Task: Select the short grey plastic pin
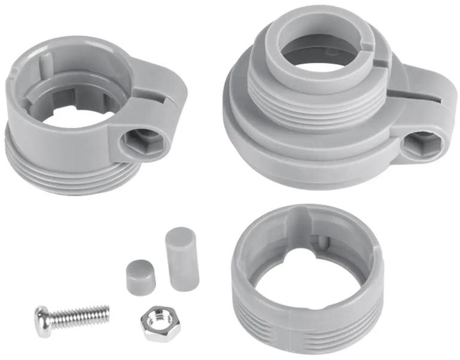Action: point(141,277)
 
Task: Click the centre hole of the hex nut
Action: point(160,324)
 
